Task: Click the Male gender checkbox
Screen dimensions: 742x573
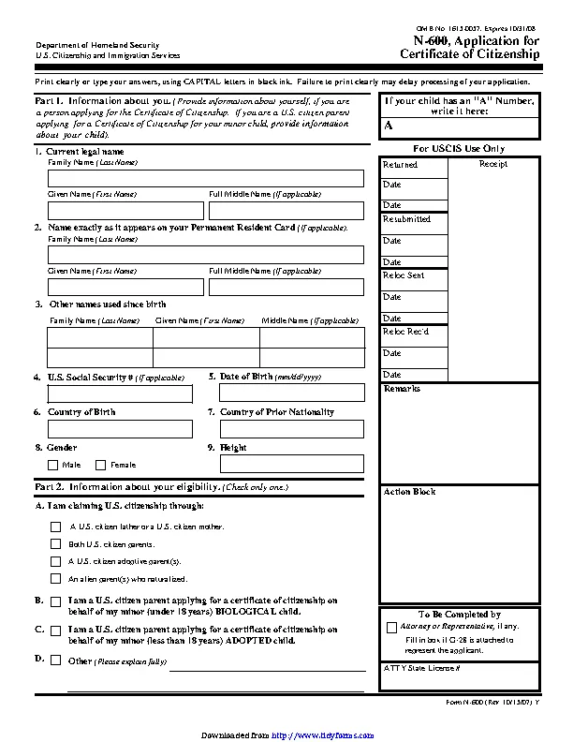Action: click(x=52, y=465)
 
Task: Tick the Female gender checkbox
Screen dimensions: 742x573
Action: click(x=100, y=465)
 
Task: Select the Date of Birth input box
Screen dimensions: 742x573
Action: click(x=292, y=393)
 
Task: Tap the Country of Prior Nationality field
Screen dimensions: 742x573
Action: click(x=292, y=428)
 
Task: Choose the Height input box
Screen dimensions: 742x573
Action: click(x=292, y=464)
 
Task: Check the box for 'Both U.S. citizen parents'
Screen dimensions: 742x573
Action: click(x=56, y=543)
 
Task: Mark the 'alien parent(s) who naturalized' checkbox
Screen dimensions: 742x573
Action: click(x=56, y=578)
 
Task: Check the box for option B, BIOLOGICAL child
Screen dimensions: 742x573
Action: click(x=56, y=602)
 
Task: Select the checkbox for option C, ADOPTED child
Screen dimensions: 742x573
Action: click(x=56, y=631)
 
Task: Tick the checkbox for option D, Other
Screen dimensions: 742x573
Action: click(x=56, y=660)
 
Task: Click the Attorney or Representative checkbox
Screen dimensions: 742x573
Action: click(x=391, y=627)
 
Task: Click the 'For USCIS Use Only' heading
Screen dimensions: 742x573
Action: click(x=458, y=148)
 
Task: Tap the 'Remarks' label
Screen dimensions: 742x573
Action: click(x=402, y=389)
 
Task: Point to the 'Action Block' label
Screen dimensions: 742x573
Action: click(x=409, y=492)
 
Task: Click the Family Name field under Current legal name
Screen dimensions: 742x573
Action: click(x=206, y=178)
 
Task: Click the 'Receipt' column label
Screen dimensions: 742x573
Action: click(x=493, y=164)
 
